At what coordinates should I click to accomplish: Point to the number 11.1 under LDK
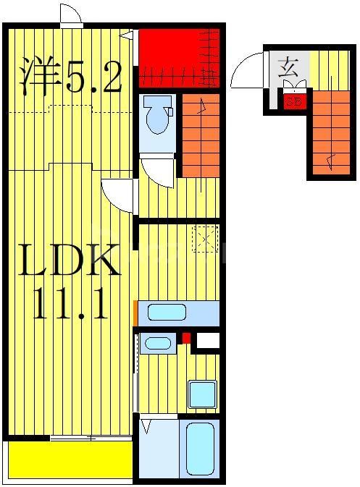click(x=70, y=305)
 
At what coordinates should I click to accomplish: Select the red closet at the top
click(x=177, y=56)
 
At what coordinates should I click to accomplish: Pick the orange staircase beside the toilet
click(x=200, y=135)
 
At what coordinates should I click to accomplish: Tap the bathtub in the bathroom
click(x=201, y=448)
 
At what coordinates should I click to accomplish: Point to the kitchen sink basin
click(x=167, y=313)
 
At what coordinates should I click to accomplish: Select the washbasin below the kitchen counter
click(x=157, y=342)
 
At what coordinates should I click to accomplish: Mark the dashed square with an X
click(x=205, y=239)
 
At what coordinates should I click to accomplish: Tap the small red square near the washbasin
click(x=186, y=337)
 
